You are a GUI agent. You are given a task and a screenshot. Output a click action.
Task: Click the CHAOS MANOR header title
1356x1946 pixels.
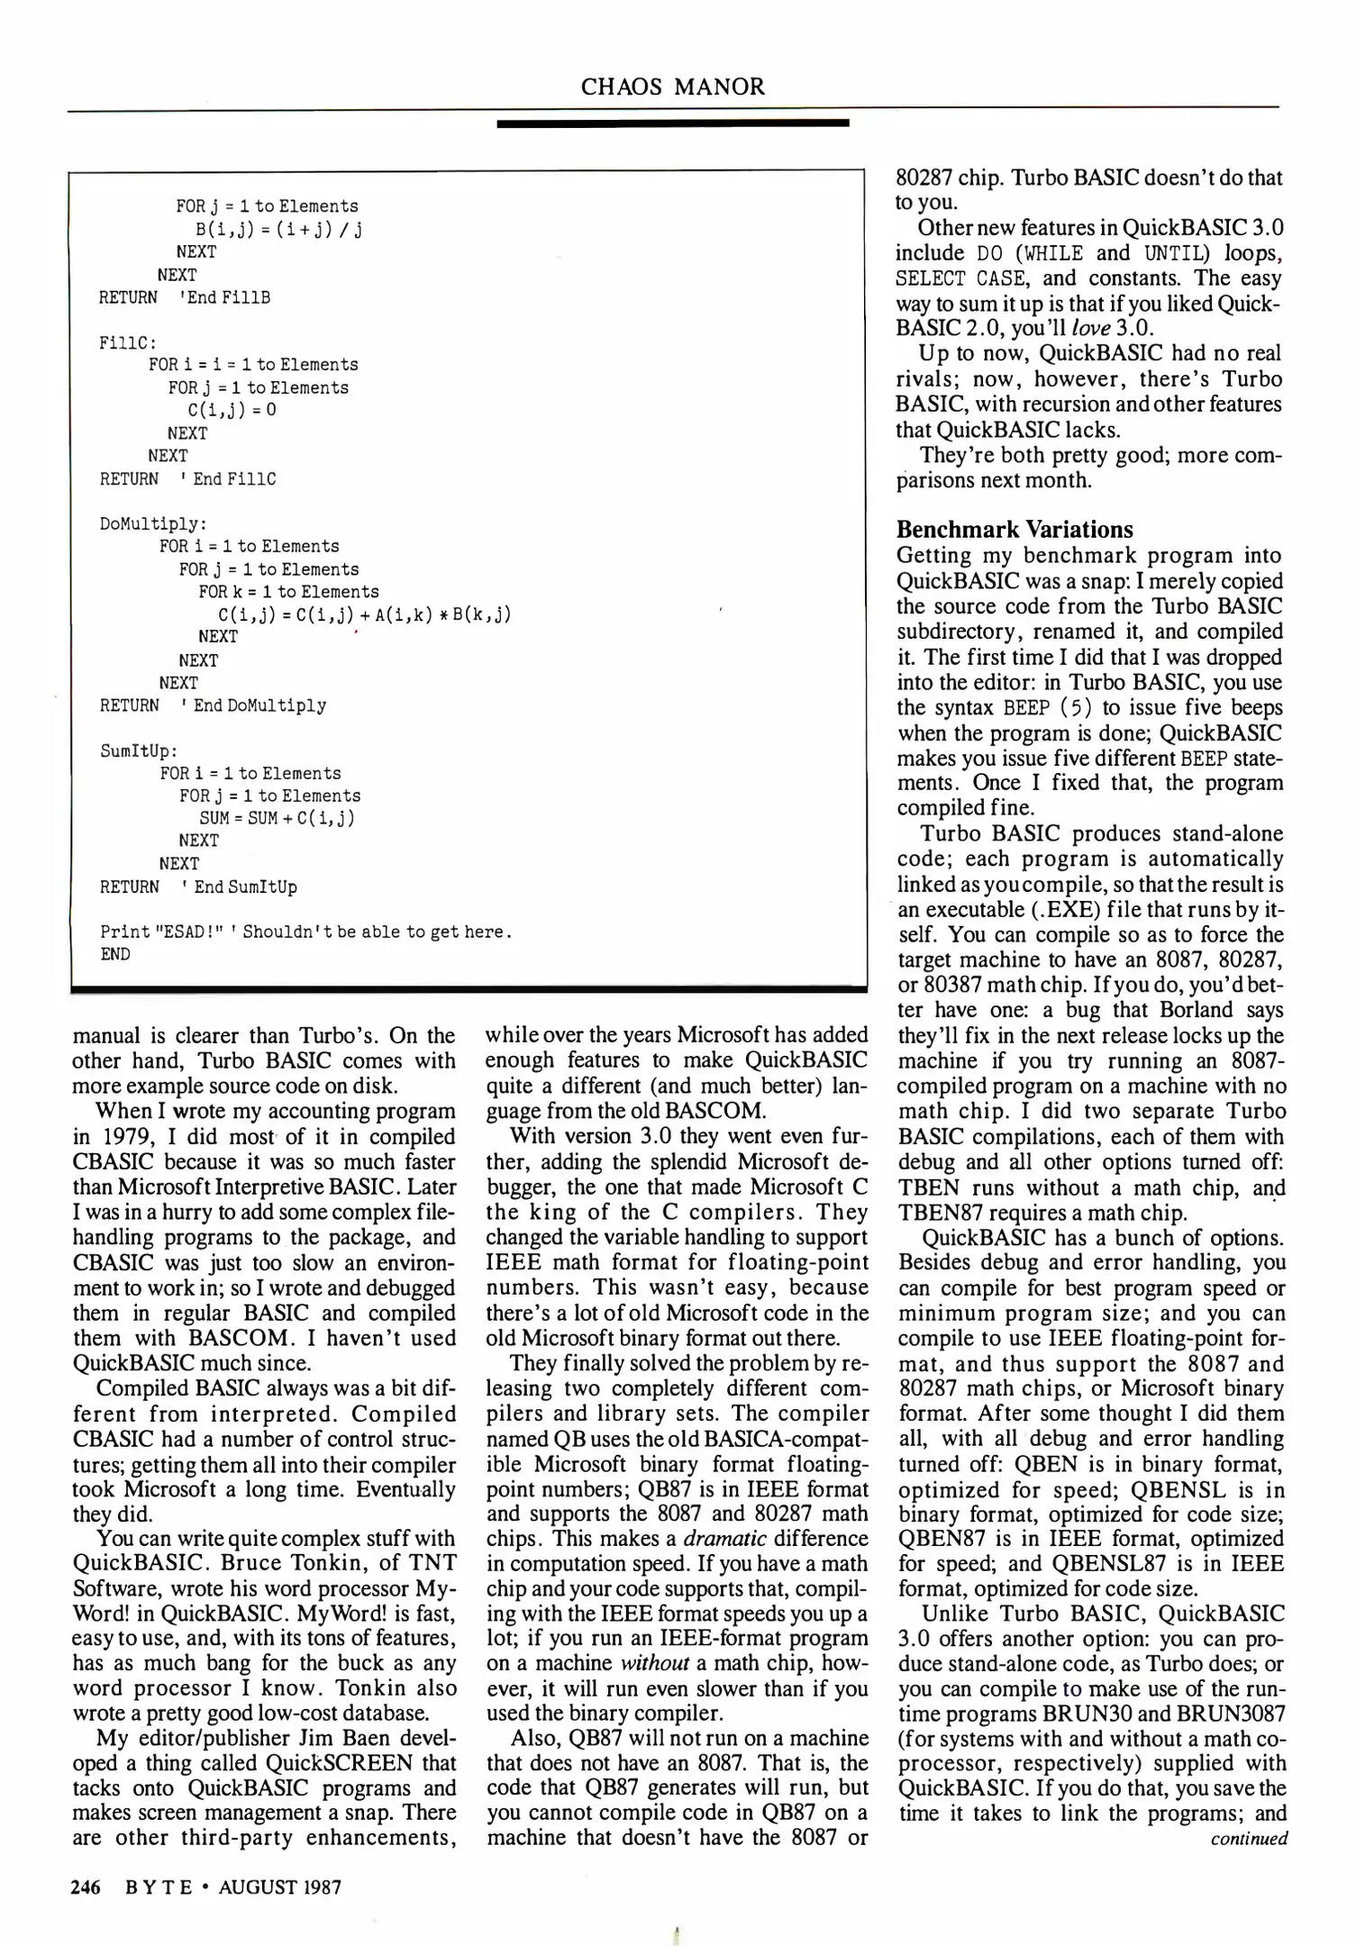pos(673,87)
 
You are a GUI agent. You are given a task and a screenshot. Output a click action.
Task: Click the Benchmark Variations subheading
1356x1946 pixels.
pos(1015,530)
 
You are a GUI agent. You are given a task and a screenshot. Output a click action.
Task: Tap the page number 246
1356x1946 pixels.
pos(86,1887)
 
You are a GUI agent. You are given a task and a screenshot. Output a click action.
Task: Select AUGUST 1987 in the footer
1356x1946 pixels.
pos(280,1887)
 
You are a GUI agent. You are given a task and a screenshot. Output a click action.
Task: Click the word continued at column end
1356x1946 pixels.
pos(1249,1839)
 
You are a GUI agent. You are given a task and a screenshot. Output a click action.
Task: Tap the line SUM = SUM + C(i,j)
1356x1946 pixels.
pos(277,818)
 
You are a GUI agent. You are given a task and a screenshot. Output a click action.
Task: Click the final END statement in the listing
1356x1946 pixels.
pos(115,954)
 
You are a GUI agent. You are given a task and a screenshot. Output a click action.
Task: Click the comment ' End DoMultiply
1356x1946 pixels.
pos(253,705)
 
